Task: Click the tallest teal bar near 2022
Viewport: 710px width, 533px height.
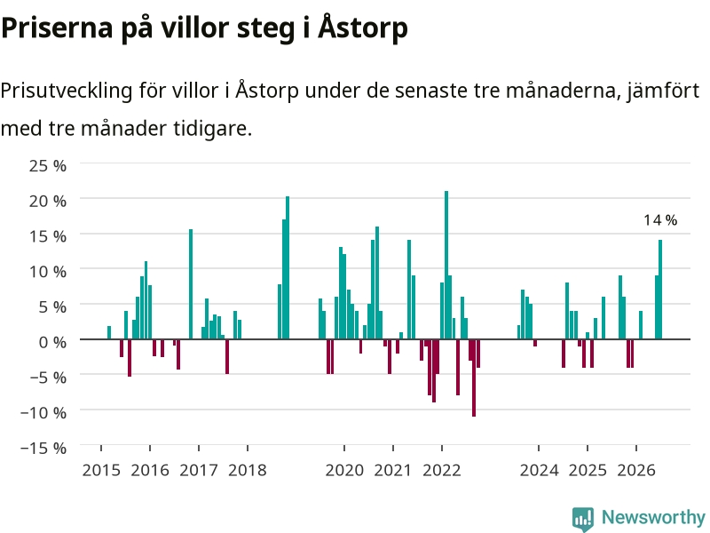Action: pos(446,265)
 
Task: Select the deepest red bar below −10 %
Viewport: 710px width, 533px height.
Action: pos(474,378)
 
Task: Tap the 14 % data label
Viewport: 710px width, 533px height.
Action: pos(660,220)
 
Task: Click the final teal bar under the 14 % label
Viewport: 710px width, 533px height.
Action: pos(660,290)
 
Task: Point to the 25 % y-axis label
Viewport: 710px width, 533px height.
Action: pos(48,165)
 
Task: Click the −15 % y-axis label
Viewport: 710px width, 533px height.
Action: pos(43,448)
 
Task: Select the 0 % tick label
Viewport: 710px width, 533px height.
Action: pos(52,342)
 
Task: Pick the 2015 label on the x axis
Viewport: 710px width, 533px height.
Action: pos(101,470)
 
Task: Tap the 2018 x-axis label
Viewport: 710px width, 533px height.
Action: pos(248,470)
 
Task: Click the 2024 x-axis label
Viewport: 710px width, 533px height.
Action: pos(539,470)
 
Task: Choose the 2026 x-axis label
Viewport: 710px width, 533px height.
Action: pos(636,470)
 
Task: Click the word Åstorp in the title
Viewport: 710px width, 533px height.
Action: pos(363,28)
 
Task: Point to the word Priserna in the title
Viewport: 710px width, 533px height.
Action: pos(57,28)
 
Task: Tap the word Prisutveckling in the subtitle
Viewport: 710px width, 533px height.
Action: pos(66,91)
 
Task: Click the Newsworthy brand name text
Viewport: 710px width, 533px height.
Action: pos(653,517)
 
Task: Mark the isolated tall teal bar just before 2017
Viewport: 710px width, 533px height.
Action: pos(191,284)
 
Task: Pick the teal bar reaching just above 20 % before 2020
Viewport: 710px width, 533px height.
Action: pos(287,268)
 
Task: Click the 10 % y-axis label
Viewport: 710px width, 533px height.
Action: pos(48,272)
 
